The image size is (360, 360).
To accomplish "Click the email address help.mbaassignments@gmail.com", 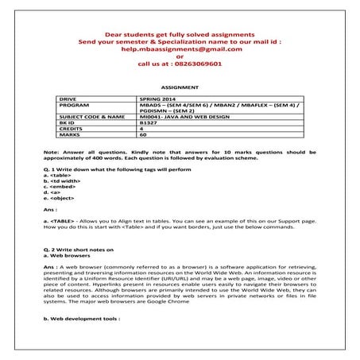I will (180, 48).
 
